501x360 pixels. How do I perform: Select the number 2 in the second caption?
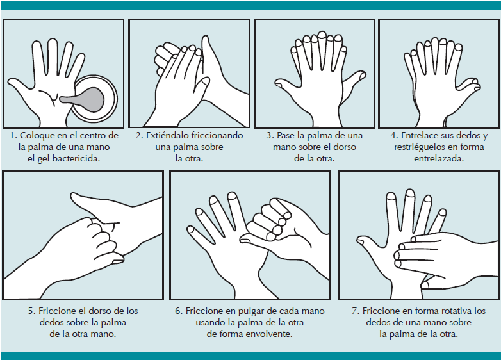tap(138, 136)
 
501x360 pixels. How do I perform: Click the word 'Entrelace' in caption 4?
tap(418, 135)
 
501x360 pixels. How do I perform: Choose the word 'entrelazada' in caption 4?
tap(438, 159)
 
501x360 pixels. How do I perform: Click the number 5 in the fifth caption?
tap(31, 311)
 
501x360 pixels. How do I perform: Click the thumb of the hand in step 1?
tap(19, 87)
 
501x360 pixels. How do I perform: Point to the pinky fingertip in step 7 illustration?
tap(443, 213)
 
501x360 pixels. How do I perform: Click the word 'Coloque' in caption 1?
tap(37, 136)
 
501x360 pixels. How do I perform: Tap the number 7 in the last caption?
tap(356, 311)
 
